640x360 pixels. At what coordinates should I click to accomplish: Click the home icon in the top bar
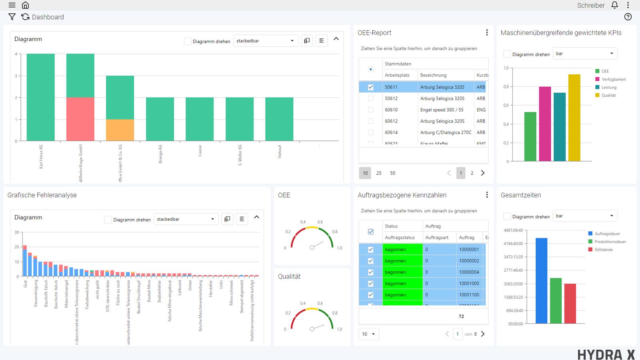25,5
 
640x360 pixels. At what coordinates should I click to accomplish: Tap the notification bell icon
615,5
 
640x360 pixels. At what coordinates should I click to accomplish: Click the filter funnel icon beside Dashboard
12,17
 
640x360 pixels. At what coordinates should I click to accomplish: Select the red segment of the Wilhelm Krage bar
80,119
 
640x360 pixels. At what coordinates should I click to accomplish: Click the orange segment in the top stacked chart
120,130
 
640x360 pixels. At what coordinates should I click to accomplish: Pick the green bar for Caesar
200,119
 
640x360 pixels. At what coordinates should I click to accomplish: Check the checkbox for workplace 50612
370,98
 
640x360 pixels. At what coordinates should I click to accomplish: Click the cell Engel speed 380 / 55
442,110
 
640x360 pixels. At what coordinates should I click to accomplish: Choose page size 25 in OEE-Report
379,173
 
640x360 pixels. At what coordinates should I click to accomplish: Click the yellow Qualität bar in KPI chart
574,118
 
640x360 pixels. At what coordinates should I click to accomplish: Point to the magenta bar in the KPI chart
545,124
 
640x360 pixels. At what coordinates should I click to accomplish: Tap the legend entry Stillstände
603,250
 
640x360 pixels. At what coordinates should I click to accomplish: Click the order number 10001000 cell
469,284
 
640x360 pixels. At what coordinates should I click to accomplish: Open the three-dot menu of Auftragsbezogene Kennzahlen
487,195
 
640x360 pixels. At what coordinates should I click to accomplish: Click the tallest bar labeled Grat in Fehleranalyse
25,262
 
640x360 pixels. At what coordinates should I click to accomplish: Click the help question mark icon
628,17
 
